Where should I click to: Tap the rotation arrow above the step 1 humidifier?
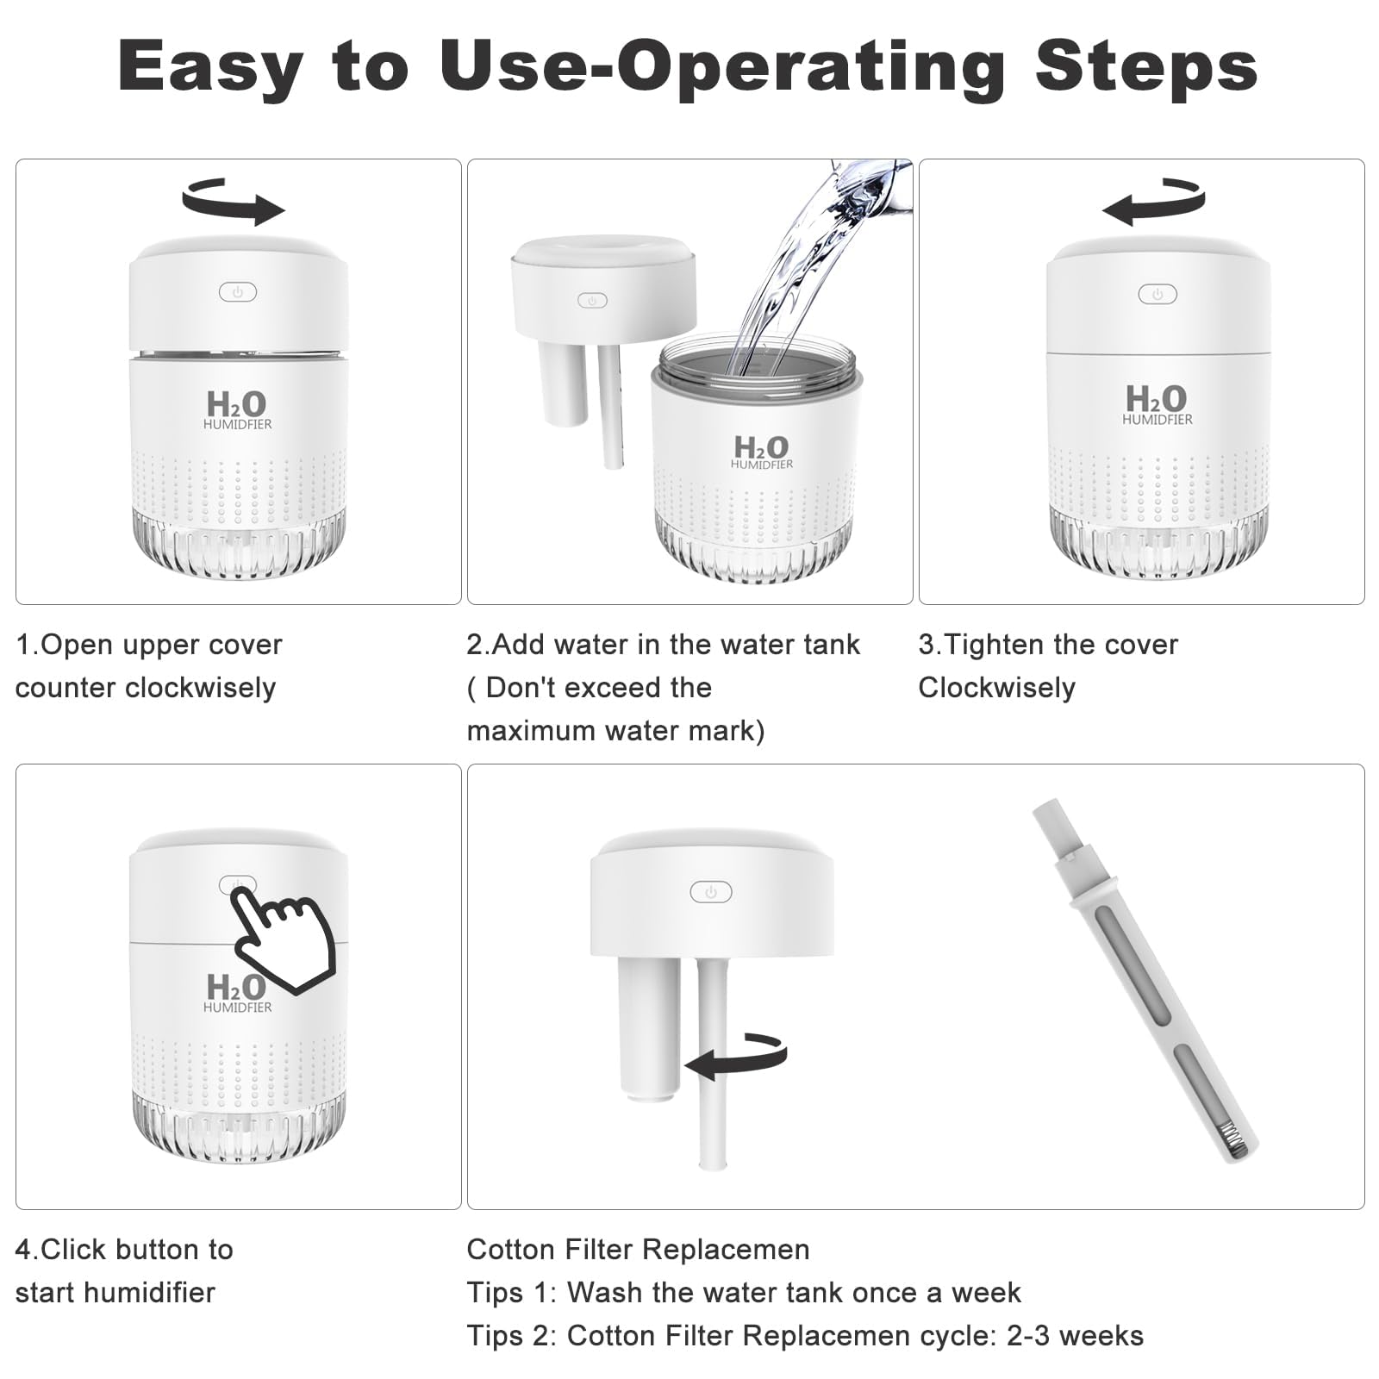pyautogui.click(x=234, y=202)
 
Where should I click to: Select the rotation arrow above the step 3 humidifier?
pyautogui.click(x=1154, y=202)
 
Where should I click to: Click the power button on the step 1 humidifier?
pyautogui.click(x=238, y=292)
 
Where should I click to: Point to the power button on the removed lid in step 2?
pyautogui.click(x=592, y=301)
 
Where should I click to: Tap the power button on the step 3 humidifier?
pyautogui.click(x=1157, y=294)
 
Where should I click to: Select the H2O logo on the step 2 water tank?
pyautogui.click(x=762, y=451)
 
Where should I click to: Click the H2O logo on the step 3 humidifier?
pyautogui.click(x=1157, y=404)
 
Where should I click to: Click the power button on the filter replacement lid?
pyautogui.click(x=711, y=892)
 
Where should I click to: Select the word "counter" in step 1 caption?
pyautogui.click(x=66, y=689)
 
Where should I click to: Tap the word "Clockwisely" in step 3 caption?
pyautogui.click(x=996, y=688)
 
